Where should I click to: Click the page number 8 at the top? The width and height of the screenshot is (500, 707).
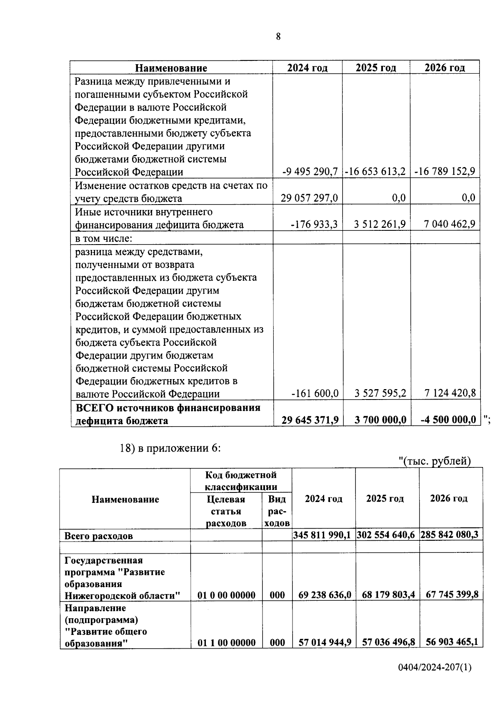tap(278, 37)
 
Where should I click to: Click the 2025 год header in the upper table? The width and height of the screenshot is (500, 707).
tap(376, 68)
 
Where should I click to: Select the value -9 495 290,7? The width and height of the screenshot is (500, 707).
tap(310, 172)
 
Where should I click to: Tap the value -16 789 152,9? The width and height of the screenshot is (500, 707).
tap(445, 172)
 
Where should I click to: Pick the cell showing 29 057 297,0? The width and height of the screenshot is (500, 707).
tap(309, 198)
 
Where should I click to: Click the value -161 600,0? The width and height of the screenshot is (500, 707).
tap(315, 393)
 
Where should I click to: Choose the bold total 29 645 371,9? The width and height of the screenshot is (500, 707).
tap(310, 420)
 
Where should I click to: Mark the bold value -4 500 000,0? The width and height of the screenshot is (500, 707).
tap(448, 420)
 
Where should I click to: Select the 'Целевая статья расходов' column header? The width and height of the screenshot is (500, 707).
tap(226, 511)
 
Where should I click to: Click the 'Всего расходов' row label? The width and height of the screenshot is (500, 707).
tap(98, 536)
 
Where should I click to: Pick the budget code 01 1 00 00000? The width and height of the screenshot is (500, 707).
tap(226, 643)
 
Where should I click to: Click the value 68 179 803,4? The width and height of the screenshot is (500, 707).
tap(388, 595)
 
